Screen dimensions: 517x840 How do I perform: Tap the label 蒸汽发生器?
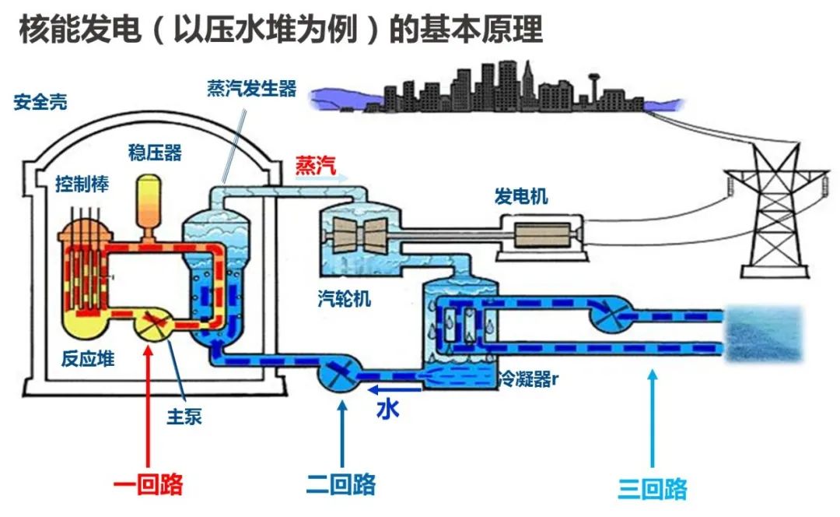click(252, 89)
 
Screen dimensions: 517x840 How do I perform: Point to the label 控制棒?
click(82, 184)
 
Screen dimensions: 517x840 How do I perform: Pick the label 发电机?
click(521, 195)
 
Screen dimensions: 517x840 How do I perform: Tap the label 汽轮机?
click(345, 298)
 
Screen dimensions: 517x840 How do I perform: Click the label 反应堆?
click(88, 359)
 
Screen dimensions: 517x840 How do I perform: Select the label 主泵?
click(184, 416)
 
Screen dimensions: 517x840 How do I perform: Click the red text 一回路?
click(148, 485)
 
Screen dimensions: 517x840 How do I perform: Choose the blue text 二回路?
click(341, 484)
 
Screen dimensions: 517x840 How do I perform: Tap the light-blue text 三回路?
click(653, 489)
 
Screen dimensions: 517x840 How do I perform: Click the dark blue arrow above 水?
click(395, 389)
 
